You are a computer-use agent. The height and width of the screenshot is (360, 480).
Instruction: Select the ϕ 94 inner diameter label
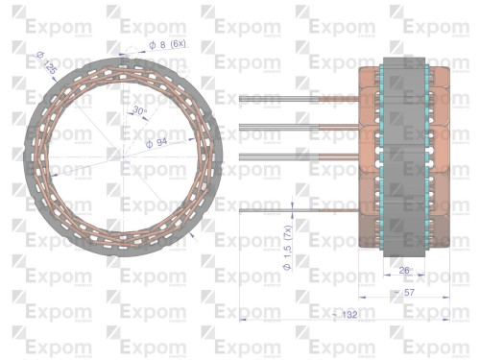tap(156, 142)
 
